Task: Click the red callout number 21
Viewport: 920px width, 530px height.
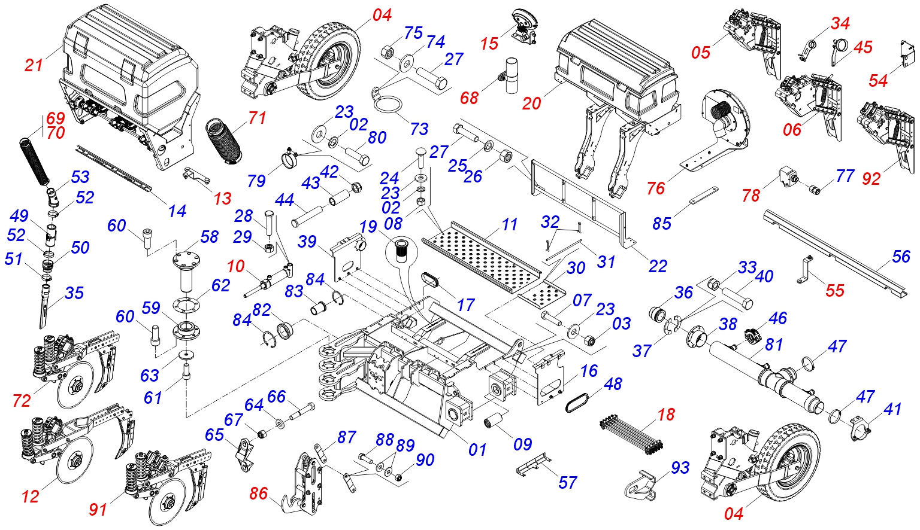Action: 34,65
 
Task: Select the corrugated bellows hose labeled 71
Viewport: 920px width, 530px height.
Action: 223,141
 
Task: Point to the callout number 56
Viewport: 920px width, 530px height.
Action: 901,257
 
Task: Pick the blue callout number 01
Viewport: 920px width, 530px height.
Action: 477,449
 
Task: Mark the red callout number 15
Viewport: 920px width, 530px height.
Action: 489,44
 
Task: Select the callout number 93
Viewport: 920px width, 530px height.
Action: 680,468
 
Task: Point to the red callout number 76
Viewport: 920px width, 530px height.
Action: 656,188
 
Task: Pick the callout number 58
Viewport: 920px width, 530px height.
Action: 209,237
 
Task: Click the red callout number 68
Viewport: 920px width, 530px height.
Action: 469,98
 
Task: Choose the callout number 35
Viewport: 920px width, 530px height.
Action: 74,293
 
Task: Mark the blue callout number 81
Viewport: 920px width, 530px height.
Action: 774,345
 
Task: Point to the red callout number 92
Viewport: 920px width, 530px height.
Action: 871,178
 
